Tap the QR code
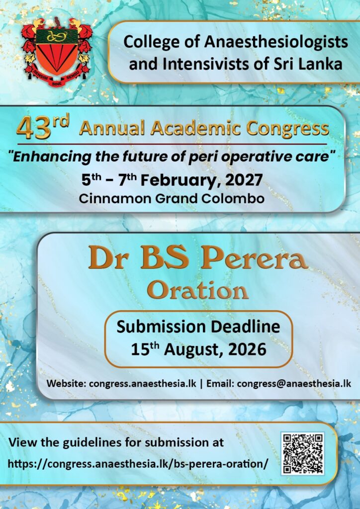[x=302, y=453]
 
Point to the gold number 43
[x=33, y=129]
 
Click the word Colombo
[x=238, y=198]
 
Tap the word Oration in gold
[x=197, y=290]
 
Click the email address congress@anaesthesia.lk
[x=294, y=383]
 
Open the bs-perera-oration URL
[x=138, y=463]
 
